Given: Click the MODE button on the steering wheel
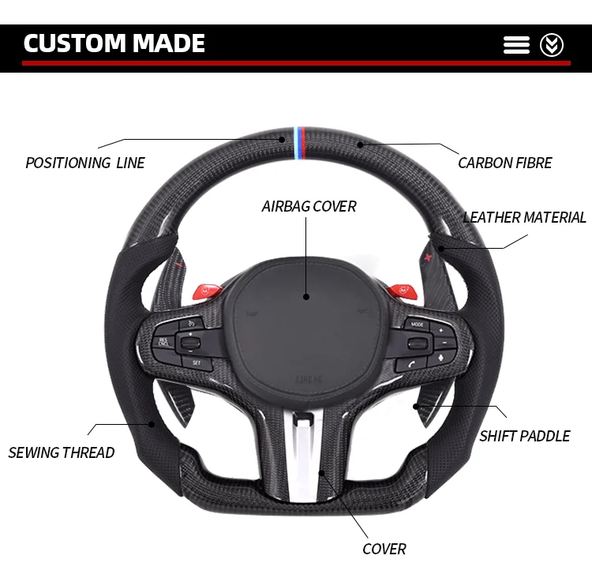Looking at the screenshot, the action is coord(417,324).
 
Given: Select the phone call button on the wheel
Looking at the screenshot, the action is coord(413,363).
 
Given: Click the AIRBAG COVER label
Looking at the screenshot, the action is coord(309,207).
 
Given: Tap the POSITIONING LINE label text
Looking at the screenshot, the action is coord(85,163).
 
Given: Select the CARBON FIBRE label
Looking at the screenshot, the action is coord(505,163).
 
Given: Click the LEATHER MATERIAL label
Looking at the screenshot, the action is coord(525,218).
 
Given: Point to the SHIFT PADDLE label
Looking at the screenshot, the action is coord(525,436).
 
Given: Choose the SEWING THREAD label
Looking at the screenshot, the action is coord(62,453).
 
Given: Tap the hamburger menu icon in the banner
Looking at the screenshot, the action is coord(516,45).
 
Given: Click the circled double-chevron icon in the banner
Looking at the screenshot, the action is coord(552,45).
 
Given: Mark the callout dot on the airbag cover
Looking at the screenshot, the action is coord(306,298).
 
